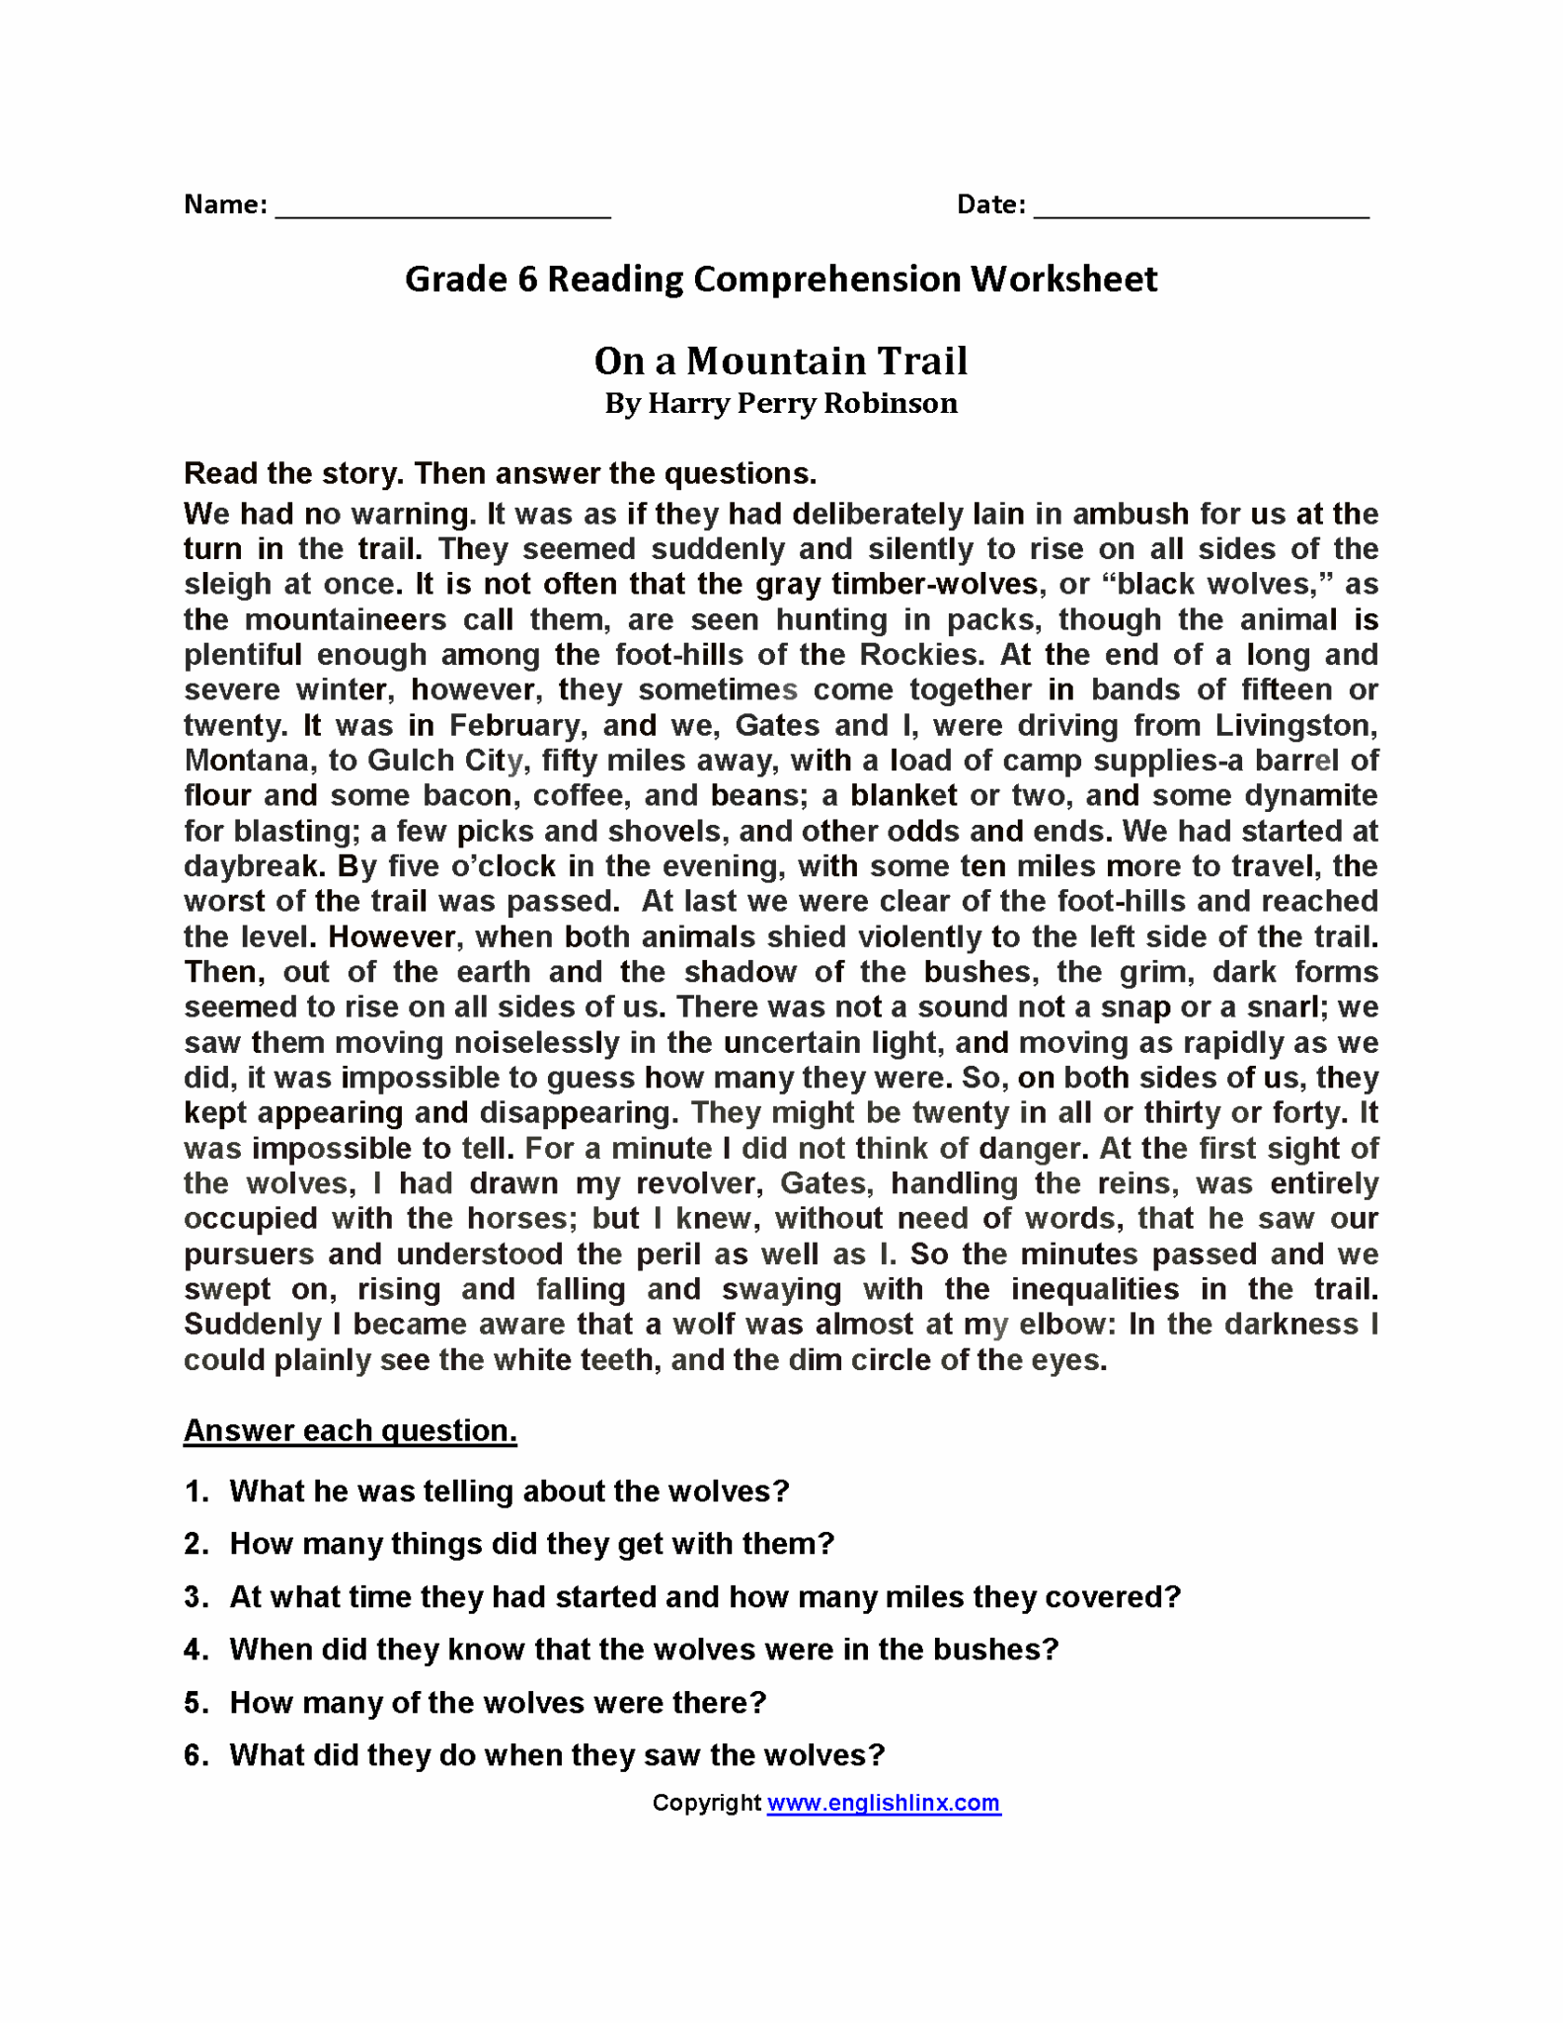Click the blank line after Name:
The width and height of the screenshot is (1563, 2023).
[442, 208]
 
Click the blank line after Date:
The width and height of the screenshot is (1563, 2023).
[1201, 208]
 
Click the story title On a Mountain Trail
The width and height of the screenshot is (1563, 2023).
[780, 361]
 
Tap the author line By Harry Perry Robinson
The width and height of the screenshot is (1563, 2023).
[780, 403]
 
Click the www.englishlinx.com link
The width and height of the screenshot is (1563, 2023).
[884, 1803]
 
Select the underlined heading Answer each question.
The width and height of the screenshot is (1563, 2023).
[350, 1430]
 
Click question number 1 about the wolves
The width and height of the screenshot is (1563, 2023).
[508, 1491]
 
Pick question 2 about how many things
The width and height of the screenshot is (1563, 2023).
[531, 1544]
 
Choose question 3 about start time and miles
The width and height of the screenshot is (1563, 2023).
[704, 1597]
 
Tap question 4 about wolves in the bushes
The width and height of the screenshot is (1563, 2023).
[643, 1650]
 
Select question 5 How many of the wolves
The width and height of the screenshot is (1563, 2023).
[497, 1703]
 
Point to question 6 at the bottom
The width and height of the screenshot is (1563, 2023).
[556, 1755]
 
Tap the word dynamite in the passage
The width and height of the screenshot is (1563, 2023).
[1310, 795]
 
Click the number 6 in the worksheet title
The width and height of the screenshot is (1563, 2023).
[526, 280]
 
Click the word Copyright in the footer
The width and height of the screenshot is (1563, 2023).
[706, 1803]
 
